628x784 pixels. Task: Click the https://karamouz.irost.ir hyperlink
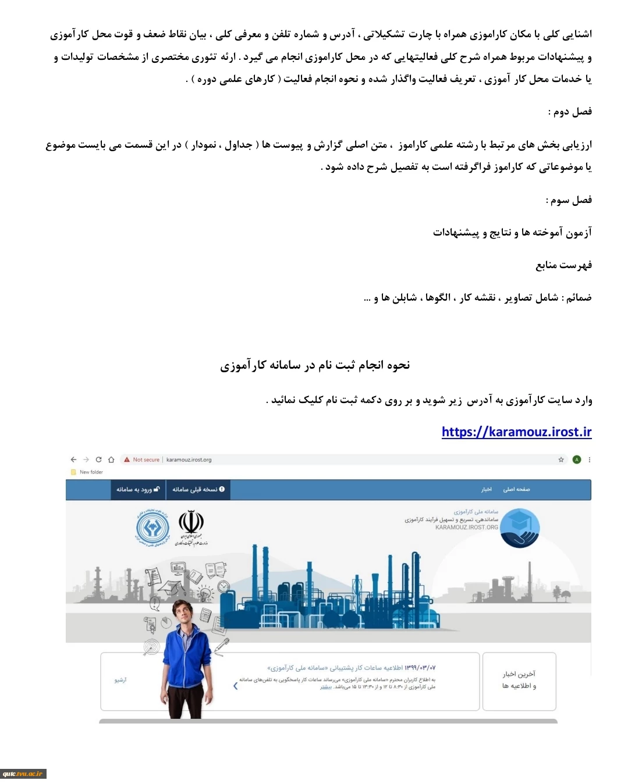coord(516,432)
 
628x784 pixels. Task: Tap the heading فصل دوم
coord(570,112)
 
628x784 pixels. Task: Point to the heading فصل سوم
coord(569,200)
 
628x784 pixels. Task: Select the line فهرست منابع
coord(563,265)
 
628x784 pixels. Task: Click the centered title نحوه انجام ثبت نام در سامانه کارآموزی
coord(315,365)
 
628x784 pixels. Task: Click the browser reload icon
coord(98,459)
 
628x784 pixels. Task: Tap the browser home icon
coord(111,459)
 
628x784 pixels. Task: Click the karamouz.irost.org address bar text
coord(189,459)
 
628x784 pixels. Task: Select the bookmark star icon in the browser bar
coord(561,459)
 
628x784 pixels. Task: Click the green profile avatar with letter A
coord(577,459)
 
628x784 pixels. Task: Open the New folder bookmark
coord(91,472)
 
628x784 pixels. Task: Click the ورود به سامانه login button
coord(138,490)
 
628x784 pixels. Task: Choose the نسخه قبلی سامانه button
coord(198,490)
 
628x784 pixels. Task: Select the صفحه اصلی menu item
coord(516,490)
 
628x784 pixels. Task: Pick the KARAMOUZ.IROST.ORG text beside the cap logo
coord(467,527)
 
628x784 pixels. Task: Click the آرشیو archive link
coord(120,680)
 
